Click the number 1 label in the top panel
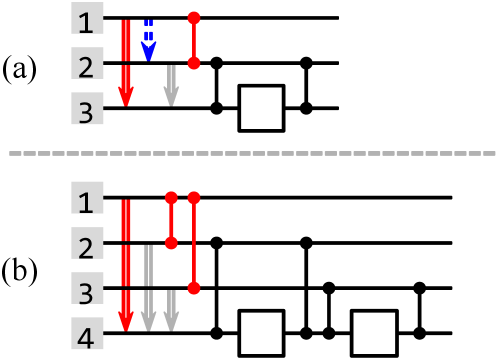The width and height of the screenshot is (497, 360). click(x=87, y=19)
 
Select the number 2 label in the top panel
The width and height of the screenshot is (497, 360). click(x=87, y=64)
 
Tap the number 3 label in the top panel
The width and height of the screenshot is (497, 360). click(x=87, y=109)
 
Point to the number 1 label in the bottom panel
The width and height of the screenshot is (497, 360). click(x=87, y=199)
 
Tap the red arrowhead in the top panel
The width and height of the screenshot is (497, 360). click(x=126, y=96)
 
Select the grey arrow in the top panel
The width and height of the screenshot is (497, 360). click(x=171, y=86)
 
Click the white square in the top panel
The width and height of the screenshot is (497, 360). click(x=261, y=108)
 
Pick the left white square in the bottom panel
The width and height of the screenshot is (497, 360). click(x=261, y=333)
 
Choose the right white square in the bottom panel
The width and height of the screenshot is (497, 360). click(x=374, y=333)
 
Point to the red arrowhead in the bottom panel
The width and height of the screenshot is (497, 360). click(x=126, y=321)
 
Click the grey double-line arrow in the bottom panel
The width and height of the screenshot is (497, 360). click(x=148, y=289)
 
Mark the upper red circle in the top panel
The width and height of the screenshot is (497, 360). click(x=194, y=18)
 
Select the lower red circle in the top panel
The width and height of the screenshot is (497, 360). click(x=194, y=63)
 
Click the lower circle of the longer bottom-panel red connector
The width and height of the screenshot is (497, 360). click(x=194, y=288)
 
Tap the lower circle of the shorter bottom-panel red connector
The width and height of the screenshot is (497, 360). click(x=171, y=243)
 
